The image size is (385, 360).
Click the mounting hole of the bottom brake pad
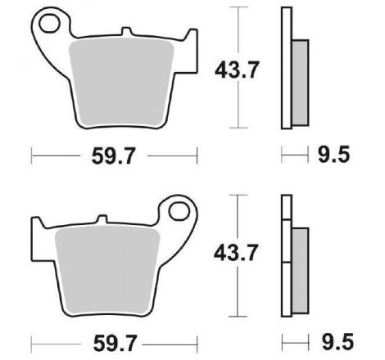(x=179, y=213)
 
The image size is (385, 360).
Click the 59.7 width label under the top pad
(x=114, y=153)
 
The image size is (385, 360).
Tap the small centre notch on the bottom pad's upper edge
(x=102, y=219)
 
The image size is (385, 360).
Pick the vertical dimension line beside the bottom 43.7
(x=238, y=286)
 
